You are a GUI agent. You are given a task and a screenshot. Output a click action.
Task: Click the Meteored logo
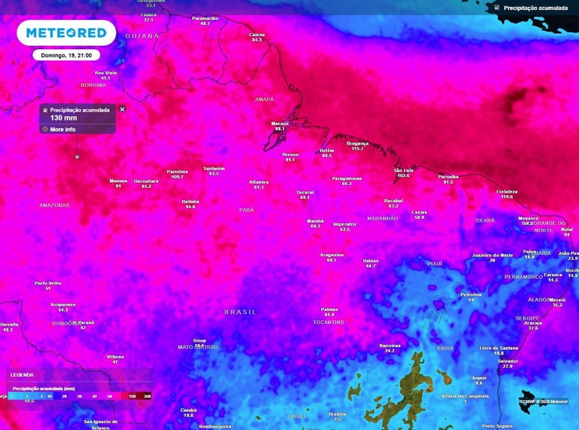tap(66, 33)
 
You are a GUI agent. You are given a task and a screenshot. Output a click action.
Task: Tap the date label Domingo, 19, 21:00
tap(66, 55)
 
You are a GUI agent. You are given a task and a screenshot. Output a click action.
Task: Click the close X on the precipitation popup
tap(122, 109)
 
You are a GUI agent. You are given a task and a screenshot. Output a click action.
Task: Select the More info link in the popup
tap(62, 130)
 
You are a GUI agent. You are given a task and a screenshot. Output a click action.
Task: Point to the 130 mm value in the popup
tap(63, 118)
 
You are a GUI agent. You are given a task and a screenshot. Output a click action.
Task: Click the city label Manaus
tap(118, 180)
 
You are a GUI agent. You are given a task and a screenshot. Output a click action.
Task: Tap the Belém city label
tap(327, 150)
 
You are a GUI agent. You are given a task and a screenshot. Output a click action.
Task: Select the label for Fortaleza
tap(507, 191)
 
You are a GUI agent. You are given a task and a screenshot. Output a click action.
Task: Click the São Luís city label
tap(403, 170)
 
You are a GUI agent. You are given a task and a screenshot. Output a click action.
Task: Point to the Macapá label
tap(279, 123)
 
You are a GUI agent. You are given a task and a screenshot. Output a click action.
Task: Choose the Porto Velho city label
tap(48, 283)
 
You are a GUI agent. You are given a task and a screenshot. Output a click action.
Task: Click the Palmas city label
tap(329, 309)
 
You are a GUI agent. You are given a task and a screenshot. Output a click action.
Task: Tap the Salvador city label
tap(507, 361)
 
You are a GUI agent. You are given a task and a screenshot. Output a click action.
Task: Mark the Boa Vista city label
tap(106, 72)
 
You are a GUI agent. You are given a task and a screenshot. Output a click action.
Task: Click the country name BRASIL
tap(240, 312)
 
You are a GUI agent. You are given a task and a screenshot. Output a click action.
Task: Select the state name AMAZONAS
tap(54, 205)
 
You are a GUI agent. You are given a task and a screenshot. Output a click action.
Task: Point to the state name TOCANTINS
tap(329, 322)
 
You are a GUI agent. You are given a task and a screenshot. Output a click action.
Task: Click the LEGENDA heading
tap(22, 375)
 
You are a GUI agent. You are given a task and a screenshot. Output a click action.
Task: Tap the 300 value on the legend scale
tap(147, 396)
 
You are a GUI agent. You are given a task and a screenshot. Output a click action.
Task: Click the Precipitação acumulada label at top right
tap(535, 8)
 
